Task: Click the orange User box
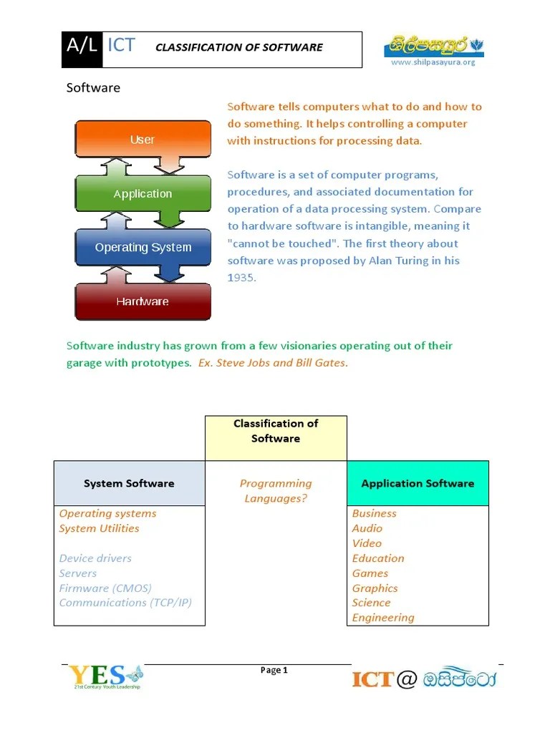pyautogui.click(x=143, y=140)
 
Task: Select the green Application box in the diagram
pyautogui.click(x=143, y=194)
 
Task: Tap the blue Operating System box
pyautogui.click(x=143, y=248)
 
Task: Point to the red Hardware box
pyautogui.click(x=143, y=301)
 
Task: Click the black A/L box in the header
pyautogui.click(x=82, y=48)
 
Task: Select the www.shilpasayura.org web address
pyautogui.click(x=433, y=62)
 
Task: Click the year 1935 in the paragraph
pyautogui.click(x=241, y=277)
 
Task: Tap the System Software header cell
pyautogui.click(x=129, y=484)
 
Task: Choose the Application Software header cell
pyautogui.click(x=418, y=484)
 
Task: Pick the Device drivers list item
pyautogui.click(x=95, y=558)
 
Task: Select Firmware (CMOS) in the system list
pyautogui.click(x=105, y=588)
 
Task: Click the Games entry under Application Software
pyautogui.click(x=370, y=573)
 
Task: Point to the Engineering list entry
pyautogui.click(x=383, y=618)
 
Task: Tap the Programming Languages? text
pyautogui.click(x=276, y=491)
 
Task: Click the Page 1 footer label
pyautogui.click(x=274, y=671)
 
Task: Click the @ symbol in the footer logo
pyautogui.click(x=405, y=679)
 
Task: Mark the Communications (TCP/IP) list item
pyautogui.click(x=125, y=603)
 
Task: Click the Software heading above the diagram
pyautogui.click(x=93, y=88)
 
